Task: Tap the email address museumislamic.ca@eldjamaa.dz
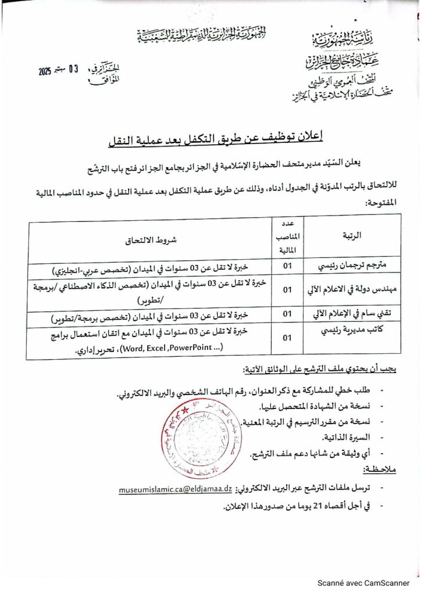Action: [x=176, y=490]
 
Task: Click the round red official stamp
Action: [x=191, y=436]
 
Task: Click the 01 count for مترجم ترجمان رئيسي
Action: [x=287, y=267]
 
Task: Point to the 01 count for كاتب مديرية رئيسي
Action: [x=287, y=338]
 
